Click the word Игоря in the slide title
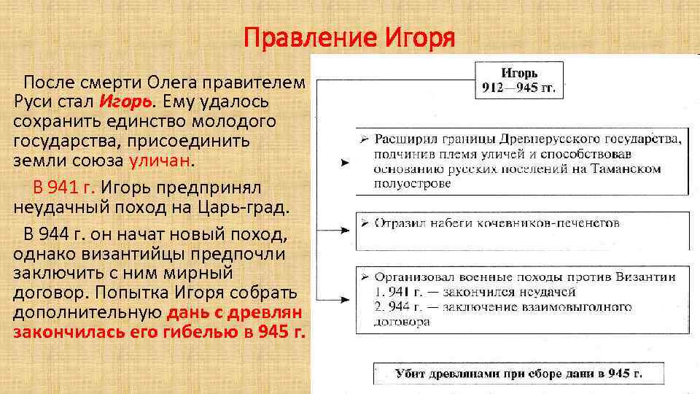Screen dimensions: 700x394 (x=419, y=36)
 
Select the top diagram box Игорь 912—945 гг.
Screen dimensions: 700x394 (x=519, y=81)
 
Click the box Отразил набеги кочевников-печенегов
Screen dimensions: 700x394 (x=521, y=223)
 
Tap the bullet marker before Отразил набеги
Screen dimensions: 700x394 (x=365, y=223)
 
